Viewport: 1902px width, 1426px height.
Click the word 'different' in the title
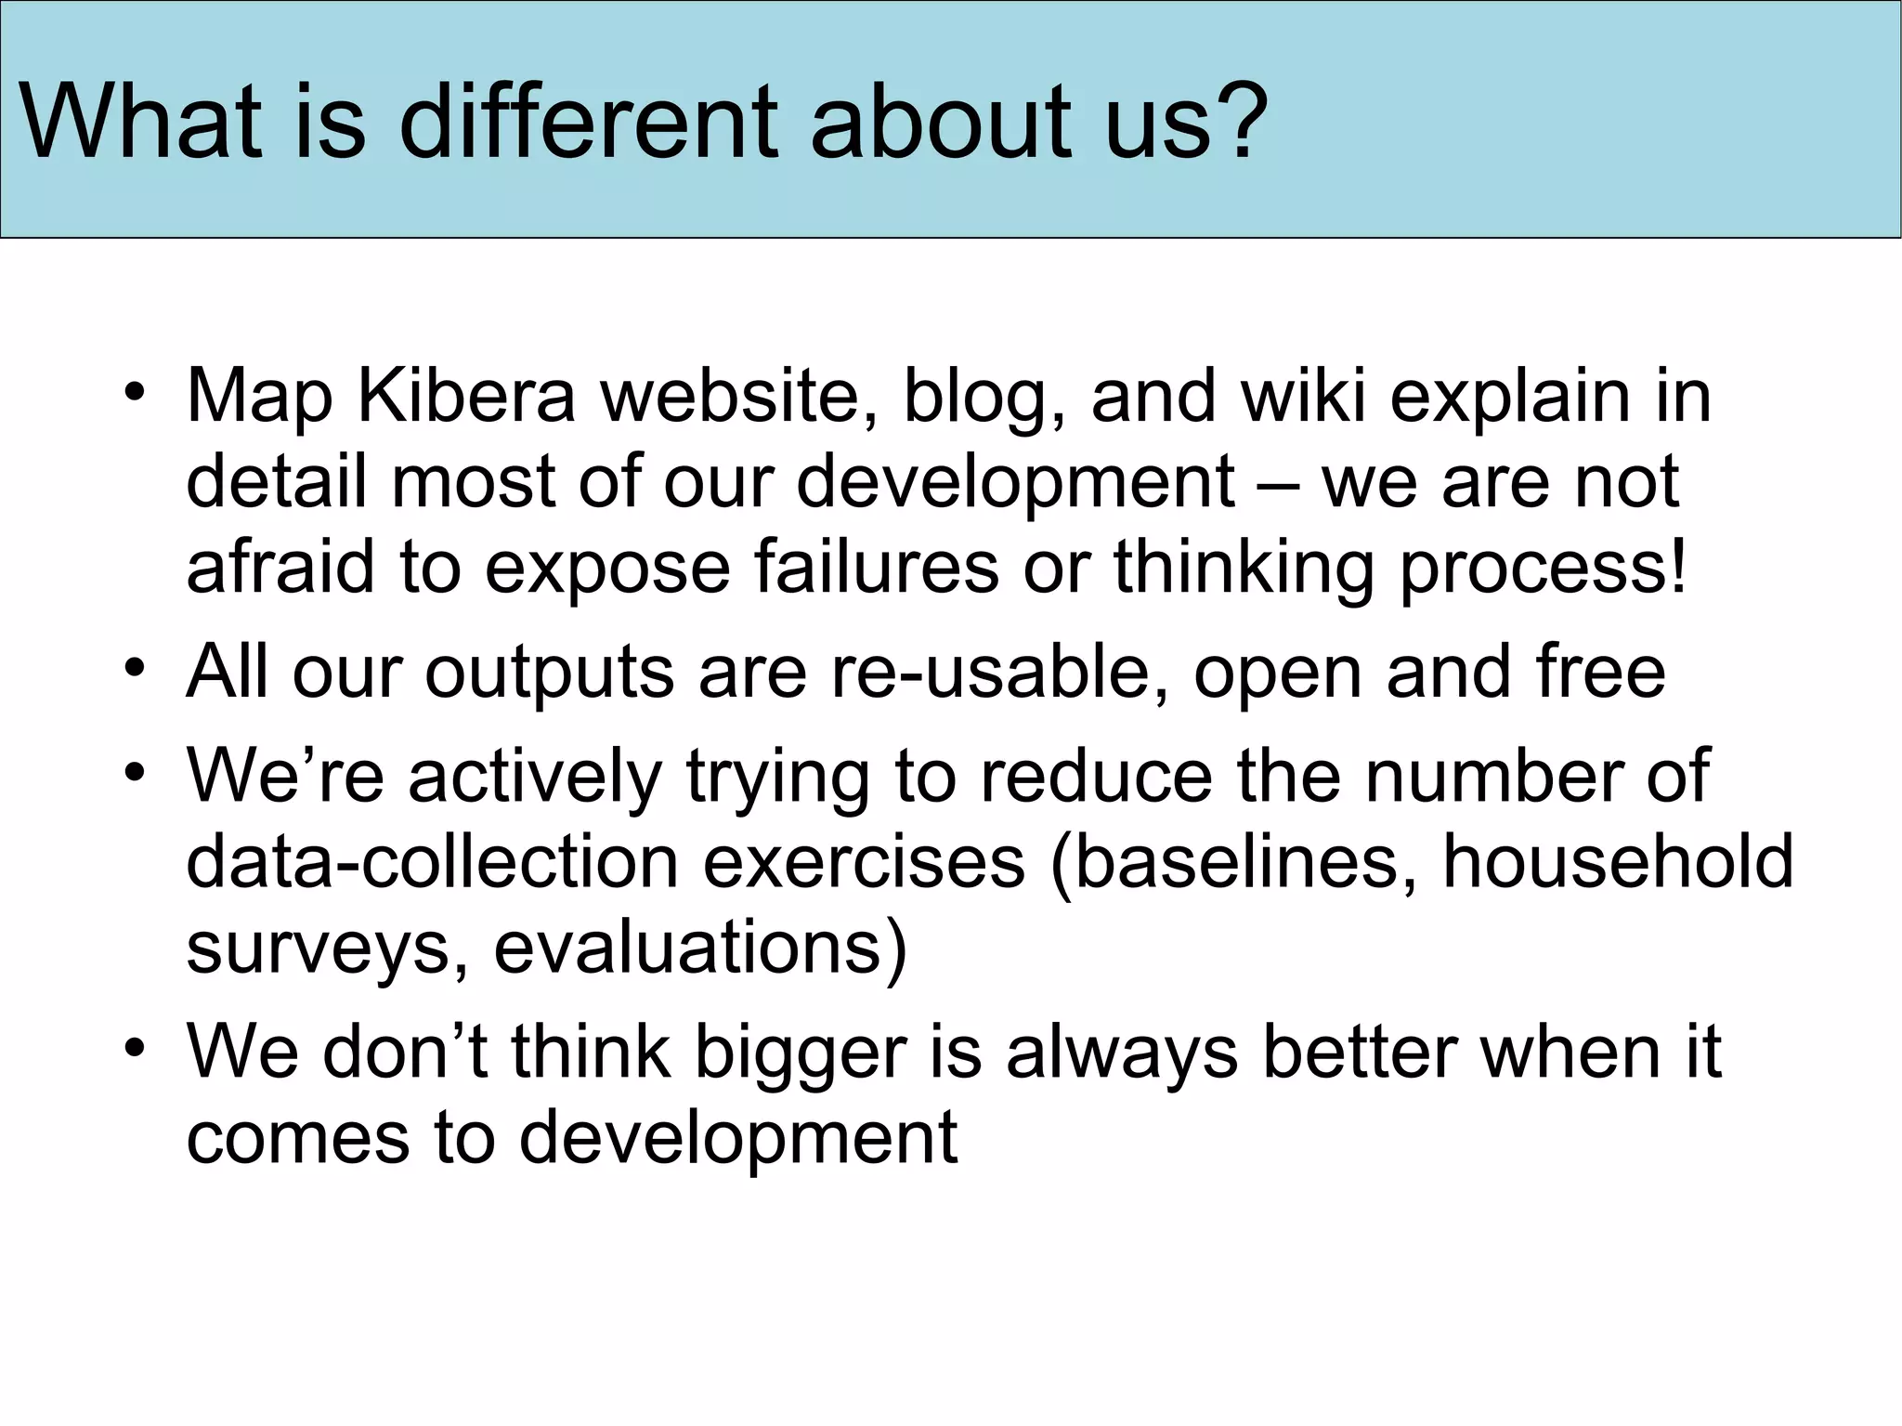click(x=589, y=123)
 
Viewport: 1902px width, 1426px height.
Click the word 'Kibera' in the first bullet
click(x=466, y=397)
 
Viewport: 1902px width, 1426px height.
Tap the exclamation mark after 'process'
click(x=1675, y=568)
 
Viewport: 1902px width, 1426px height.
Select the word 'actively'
click(x=535, y=778)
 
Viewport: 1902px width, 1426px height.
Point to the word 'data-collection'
click(x=433, y=862)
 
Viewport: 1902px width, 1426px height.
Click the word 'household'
click(x=1617, y=862)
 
